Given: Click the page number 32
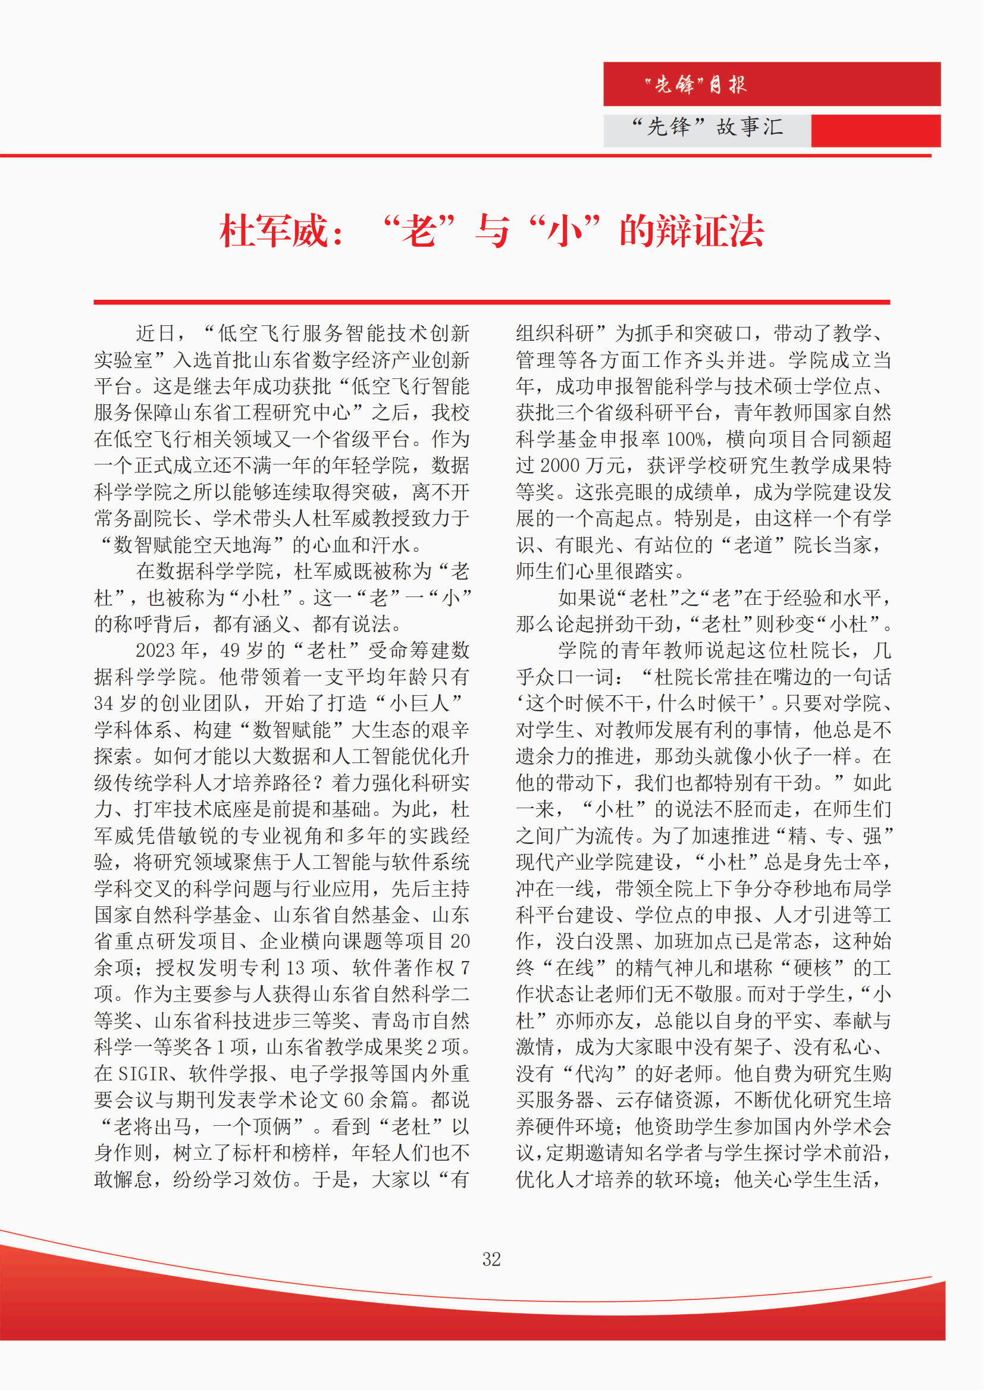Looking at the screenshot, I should pyautogui.click(x=491, y=1260).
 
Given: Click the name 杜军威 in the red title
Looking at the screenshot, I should pyautogui.click(x=273, y=231).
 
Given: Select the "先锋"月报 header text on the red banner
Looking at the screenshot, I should pyautogui.click(x=695, y=84).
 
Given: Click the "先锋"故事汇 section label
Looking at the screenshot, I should pyautogui.click(x=707, y=127).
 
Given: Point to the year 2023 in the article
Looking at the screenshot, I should pyautogui.click(x=156, y=651).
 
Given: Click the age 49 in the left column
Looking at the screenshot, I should pyautogui.click(x=230, y=651).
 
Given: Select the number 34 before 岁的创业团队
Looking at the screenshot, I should pyautogui.click(x=104, y=704).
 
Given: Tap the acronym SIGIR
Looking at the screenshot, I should pyautogui.click(x=143, y=1073).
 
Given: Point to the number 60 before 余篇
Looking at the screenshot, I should pyautogui.click(x=354, y=1100).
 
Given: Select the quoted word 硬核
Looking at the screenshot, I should pyautogui.click(x=813, y=968).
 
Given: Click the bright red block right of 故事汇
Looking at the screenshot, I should pyautogui.click(x=876, y=131).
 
